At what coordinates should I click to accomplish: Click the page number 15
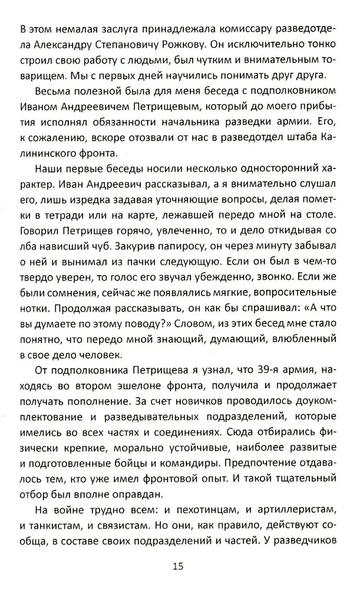179,567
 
